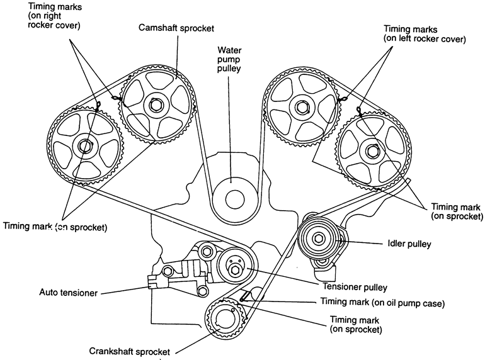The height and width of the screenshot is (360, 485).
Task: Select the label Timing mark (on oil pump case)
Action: [x=383, y=303]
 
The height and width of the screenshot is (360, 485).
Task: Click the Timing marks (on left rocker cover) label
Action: [x=425, y=34]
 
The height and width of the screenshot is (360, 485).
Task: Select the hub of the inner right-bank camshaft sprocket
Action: [x=301, y=106]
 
